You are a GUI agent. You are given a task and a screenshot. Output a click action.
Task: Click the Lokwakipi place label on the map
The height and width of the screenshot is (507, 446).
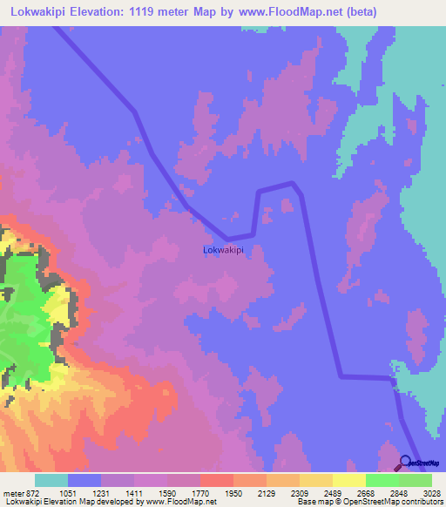point(222,250)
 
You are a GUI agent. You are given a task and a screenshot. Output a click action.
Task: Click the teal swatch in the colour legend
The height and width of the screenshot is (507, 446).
point(51,481)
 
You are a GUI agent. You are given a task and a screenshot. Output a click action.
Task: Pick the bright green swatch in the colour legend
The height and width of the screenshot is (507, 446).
point(382,481)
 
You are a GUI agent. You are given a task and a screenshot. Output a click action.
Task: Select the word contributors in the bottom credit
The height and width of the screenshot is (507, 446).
point(422,502)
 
